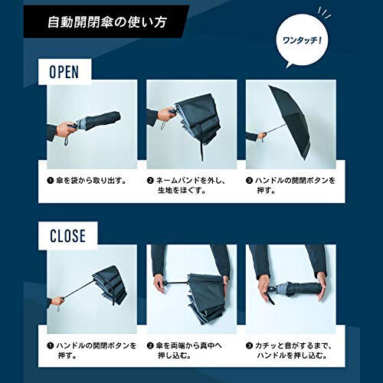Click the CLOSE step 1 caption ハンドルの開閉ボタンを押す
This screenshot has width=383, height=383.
tap(90, 350)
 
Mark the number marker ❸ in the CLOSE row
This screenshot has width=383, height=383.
tap(250, 345)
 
